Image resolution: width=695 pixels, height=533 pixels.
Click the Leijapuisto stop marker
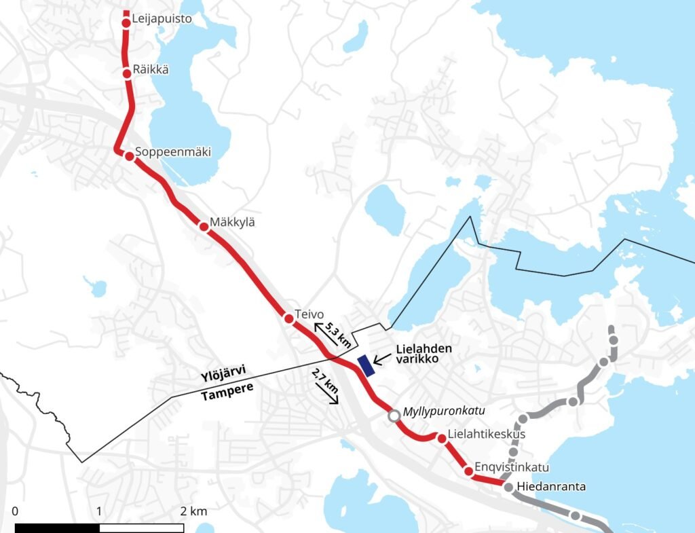(x=126, y=24)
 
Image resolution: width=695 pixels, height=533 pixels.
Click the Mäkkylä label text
(x=232, y=222)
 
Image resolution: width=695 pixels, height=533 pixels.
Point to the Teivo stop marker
(x=288, y=318)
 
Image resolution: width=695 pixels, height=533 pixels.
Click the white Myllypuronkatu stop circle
(x=394, y=416)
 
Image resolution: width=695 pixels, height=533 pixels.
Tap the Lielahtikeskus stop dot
(x=442, y=439)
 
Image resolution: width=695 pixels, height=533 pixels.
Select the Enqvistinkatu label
(x=512, y=468)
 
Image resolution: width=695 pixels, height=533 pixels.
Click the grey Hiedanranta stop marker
(x=508, y=487)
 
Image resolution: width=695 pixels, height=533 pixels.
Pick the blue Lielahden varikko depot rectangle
(x=367, y=365)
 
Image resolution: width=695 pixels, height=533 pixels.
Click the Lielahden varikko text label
(x=424, y=353)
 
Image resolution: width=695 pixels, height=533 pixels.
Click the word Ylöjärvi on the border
(x=223, y=373)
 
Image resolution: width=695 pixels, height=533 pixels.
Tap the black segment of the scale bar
(x=57, y=528)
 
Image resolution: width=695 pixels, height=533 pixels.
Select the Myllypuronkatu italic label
(x=441, y=412)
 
